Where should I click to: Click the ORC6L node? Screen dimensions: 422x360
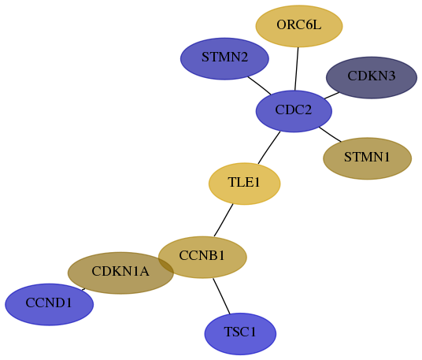[x=299, y=26]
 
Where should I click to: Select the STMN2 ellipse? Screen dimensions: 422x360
[x=224, y=59]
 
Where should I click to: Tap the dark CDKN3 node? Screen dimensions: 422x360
[x=372, y=77]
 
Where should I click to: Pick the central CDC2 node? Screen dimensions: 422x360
[x=294, y=111]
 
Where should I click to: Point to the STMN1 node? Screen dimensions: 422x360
[x=367, y=158]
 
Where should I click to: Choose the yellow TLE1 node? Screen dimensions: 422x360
[x=244, y=184]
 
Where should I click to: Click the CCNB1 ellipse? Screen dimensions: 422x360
[x=202, y=257]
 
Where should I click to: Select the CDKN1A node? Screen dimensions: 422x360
[x=120, y=273]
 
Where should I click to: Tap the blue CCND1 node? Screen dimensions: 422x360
[x=50, y=305]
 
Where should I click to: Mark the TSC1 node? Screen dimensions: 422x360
[x=240, y=334]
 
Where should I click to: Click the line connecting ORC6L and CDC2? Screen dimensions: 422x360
[x=297, y=69]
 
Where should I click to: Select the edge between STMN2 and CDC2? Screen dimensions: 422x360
[x=260, y=86]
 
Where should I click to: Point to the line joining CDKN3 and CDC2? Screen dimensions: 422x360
[x=331, y=95]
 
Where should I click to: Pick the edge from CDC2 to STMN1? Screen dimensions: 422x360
[x=330, y=134]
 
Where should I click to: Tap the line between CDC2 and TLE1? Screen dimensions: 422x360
[x=268, y=147]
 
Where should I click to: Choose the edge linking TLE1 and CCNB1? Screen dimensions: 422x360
[x=224, y=221]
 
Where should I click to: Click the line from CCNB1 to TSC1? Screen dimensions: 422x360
[x=221, y=296]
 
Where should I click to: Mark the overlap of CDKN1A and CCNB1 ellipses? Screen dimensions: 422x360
[x=166, y=265]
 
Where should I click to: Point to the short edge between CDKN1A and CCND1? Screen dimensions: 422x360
[x=83, y=289]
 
